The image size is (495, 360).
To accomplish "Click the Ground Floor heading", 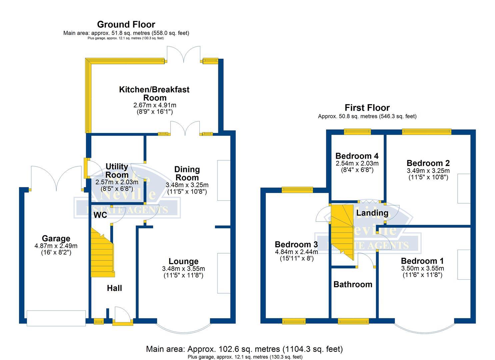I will pyautogui.click(x=126, y=24).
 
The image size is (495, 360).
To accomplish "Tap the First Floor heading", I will pyautogui.click(x=367, y=108).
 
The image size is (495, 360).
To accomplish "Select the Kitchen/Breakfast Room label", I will pyautogui.click(x=154, y=93).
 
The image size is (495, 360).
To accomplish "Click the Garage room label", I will pyautogui.click(x=56, y=238).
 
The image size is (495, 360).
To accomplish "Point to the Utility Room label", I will pyautogui.click(x=117, y=171).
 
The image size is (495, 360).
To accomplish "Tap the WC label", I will pyautogui.click(x=100, y=215).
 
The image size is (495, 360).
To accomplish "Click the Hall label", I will pyautogui.click(x=114, y=288).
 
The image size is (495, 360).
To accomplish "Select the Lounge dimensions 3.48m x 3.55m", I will pyautogui.click(x=183, y=269).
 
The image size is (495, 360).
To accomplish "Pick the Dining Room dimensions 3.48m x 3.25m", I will pyautogui.click(x=187, y=185).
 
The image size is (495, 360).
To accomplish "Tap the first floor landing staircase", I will pyautogui.click(x=342, y=230).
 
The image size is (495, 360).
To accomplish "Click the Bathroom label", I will pyautogui.click(x=353, y=284).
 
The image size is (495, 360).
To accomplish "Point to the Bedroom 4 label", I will pyautogui.click(x=357, y=156).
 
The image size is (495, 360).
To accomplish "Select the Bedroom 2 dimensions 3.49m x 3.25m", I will pyautogui.click(x=428, y=171).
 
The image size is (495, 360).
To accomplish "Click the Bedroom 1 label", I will pyautogui.click(x=422, y=261).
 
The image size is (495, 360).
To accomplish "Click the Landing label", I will pyautogui.click(x=372, y=213).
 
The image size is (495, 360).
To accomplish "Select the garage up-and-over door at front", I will pyautogui.click(x=56, y=318).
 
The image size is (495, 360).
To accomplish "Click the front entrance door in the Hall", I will pyautogui.click(x=121, y=315).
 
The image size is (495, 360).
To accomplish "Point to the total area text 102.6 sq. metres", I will pyautogui.click(x=244, y=349).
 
